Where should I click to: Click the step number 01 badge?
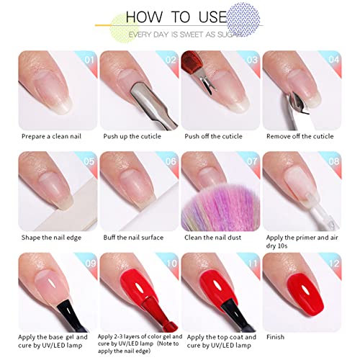[89, 60]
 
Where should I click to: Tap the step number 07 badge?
[252, 161]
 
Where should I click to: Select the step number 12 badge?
[334, 264]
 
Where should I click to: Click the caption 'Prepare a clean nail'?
[51, 136]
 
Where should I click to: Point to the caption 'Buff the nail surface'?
[133, 238]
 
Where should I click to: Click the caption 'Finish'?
[275, 337]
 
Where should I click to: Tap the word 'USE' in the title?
[212, 17]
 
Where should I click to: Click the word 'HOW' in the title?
[144, 17]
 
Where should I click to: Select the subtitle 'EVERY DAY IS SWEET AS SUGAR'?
[185, 35]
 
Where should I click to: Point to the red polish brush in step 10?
[157, 312]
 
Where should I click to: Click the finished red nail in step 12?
[305, 294]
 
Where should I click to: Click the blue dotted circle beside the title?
[243, 19]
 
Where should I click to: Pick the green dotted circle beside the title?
[125, 28]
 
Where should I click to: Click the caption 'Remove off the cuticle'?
[300, 136]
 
